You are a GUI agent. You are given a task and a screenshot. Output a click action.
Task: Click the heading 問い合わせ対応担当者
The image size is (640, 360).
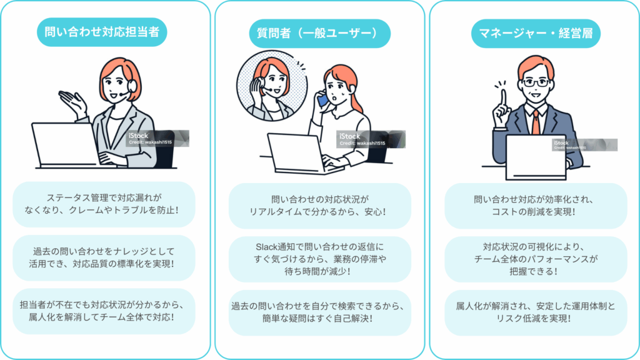102,32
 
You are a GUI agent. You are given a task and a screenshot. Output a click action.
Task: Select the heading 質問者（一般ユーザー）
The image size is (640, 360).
319,34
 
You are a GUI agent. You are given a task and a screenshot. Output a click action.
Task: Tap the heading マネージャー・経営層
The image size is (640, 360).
536,34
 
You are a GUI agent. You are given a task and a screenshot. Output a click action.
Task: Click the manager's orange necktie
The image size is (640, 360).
536,122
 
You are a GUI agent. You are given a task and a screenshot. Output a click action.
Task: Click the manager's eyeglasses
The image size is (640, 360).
536,83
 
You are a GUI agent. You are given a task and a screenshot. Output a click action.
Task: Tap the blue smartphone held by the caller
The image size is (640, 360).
322,99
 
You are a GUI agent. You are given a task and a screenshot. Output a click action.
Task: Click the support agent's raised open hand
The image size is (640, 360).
72,102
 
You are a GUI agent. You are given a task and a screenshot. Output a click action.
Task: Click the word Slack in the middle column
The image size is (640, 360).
266,247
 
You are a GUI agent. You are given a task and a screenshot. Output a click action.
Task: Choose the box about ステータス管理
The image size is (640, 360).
104,204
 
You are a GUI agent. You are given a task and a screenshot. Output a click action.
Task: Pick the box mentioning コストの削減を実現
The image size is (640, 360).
536,206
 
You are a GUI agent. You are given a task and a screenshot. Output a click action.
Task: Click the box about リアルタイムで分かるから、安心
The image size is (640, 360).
319,206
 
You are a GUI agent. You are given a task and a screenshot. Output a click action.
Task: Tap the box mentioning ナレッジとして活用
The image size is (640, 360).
104,258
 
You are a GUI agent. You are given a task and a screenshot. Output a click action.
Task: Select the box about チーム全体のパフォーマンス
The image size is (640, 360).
536,259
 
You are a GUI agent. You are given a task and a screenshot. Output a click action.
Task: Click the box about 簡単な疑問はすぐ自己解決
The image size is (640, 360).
319,312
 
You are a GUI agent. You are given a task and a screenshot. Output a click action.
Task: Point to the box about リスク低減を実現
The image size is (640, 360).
536,312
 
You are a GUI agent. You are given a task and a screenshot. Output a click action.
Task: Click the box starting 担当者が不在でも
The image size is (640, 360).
104,311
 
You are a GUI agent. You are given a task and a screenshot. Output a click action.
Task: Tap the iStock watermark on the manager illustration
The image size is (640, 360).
584,145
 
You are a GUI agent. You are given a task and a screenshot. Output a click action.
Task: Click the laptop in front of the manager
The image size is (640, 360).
536,157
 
